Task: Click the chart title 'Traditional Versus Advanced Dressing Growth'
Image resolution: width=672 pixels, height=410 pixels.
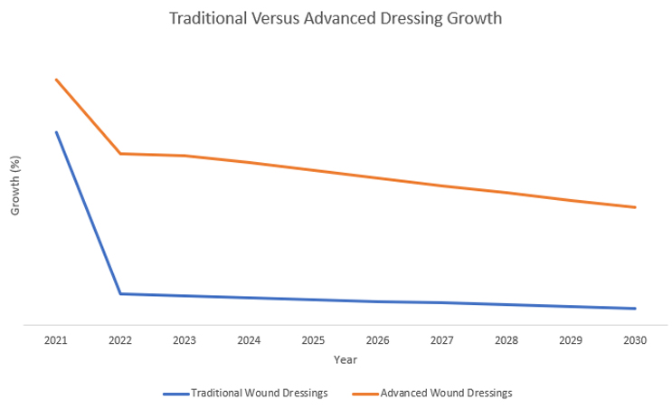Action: [x=336, y=18]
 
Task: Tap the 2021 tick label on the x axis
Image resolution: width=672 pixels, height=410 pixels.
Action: [x=56, y=340]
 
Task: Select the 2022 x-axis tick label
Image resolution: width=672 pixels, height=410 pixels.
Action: [x=120, y=340]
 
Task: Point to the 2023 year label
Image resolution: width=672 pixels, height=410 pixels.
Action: [x=185, y=340]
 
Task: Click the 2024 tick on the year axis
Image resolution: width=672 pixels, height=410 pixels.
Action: [x=249, y=340]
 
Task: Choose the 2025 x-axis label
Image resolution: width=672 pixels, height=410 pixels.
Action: [x=313, y=340]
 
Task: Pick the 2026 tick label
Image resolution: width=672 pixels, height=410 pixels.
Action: [x=377, y=340]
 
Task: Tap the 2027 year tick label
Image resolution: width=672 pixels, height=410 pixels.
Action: [x=442, y=340]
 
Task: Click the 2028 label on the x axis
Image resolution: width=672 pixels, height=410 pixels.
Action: [x=506, y=340]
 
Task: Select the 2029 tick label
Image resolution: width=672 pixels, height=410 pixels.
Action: [x=571, y=340]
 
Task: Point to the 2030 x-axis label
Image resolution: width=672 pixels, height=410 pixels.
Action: [x=635, y=340]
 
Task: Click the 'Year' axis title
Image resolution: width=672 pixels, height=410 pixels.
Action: [x=345, y=359]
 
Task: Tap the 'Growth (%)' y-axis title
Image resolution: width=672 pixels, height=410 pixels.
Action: [x=14, y=186]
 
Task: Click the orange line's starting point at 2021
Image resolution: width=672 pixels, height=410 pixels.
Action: [x=56, y=80]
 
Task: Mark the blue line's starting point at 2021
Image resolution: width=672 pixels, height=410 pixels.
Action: [x=56, y=132]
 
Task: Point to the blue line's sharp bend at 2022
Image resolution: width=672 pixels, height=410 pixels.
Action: [x=120, y=293]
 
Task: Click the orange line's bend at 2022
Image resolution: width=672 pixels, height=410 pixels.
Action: [x=120, y=154]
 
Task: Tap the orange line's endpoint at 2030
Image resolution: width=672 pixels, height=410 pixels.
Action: [x=635, y=207]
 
